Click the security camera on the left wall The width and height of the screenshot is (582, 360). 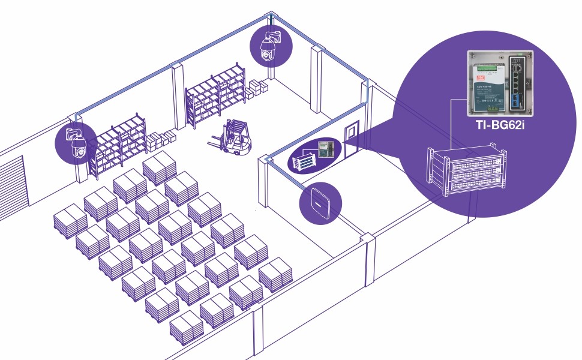coord(76,143)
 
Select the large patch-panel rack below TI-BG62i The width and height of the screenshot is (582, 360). coord(466,170)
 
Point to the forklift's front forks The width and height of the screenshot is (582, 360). coord(217,143)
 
